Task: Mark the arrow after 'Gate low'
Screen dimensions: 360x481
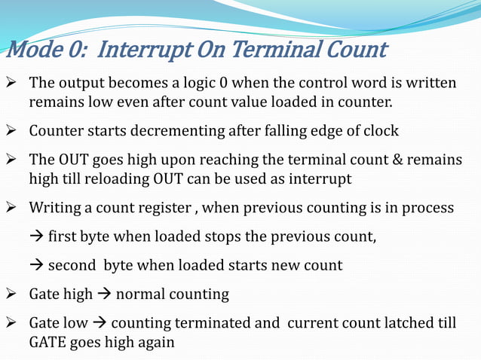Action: point(98,323)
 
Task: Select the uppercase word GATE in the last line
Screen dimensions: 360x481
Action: point(48,341)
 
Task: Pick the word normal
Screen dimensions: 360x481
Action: point(140,294)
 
